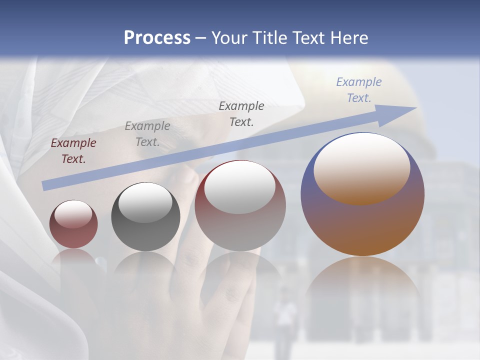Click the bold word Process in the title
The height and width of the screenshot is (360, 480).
tap(157, 38)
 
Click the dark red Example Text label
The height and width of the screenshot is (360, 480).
tap(73, 151)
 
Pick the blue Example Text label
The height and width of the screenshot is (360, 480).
tap(359, 90)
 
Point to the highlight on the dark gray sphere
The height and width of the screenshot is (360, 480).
tap(145, 202)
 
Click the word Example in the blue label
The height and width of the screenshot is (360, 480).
tap(358, 82)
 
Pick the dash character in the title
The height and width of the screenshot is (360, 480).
tap(200, 38)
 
